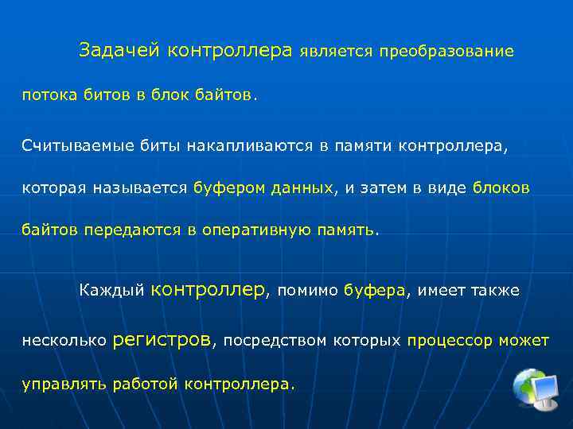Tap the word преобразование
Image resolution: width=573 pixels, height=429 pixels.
point(446,52)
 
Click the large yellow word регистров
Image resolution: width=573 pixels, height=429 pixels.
point(163,340)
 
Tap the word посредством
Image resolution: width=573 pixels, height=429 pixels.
point(275,341)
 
